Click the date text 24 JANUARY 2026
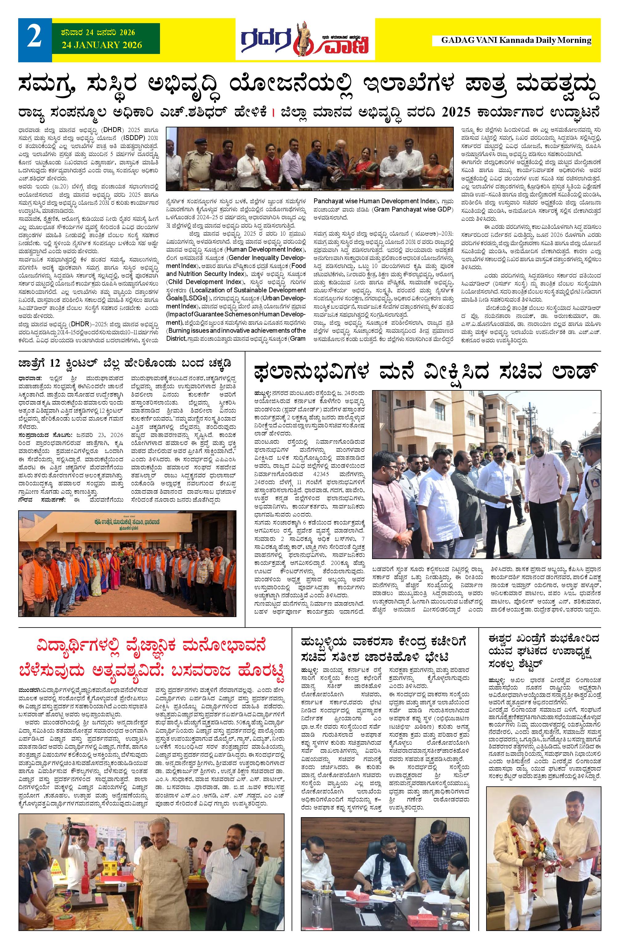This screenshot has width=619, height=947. click(x=102, y=45)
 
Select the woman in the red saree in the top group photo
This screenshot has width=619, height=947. click(x=364, y=165)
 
